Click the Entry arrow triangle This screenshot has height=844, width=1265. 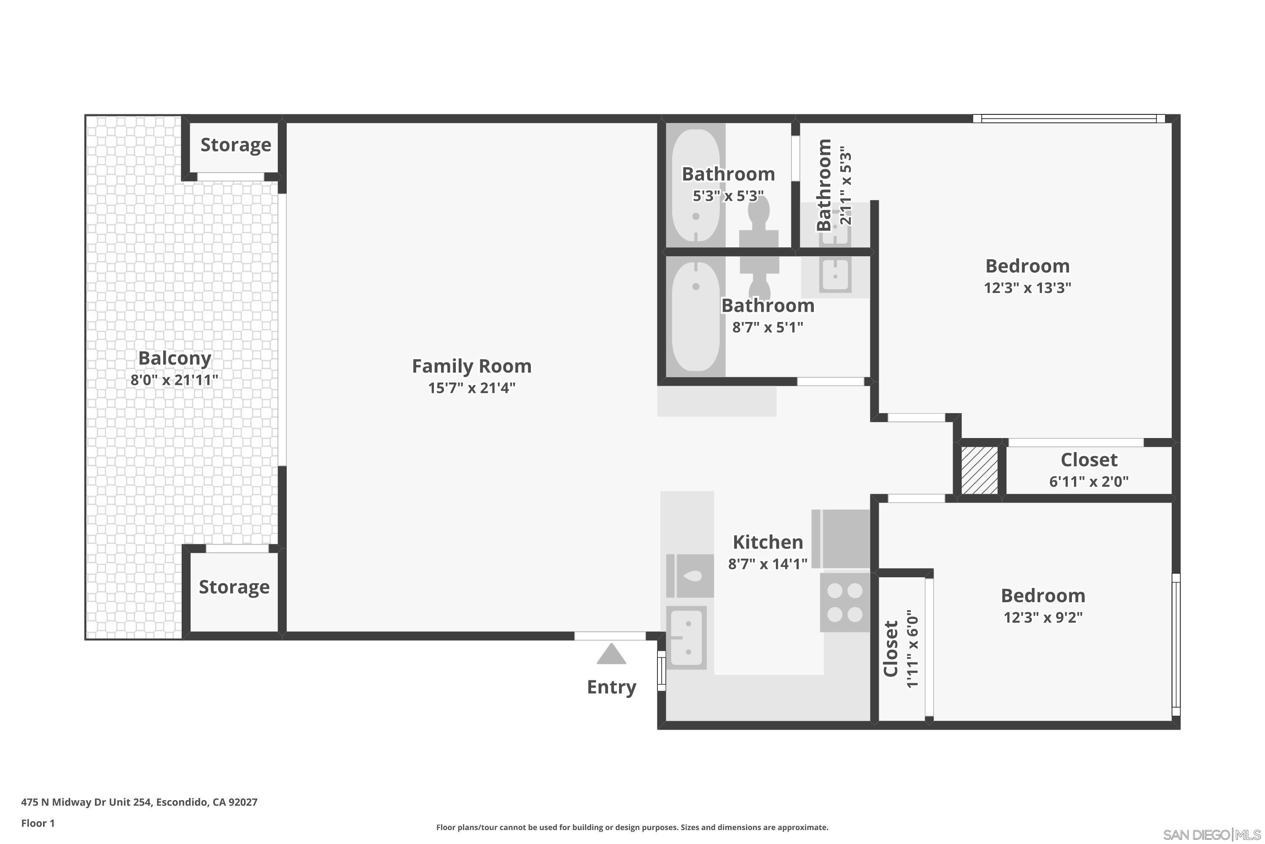coord(611,655)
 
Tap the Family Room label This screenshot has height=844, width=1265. coord(472,366)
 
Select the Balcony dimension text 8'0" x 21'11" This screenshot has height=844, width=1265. coord(174,380)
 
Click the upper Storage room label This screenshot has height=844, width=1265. coord(236,145)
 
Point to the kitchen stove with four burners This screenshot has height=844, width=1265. coord(845,602)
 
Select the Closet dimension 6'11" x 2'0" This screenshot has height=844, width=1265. coord(1089,481)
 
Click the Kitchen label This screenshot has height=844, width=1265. coord(767,542)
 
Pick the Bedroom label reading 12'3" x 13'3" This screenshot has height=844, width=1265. coord(1027,266)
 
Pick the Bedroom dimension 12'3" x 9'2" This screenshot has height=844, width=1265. coord(1043,617)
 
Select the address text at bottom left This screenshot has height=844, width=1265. coord(139,802)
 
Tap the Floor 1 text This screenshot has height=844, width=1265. coord(38,823)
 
